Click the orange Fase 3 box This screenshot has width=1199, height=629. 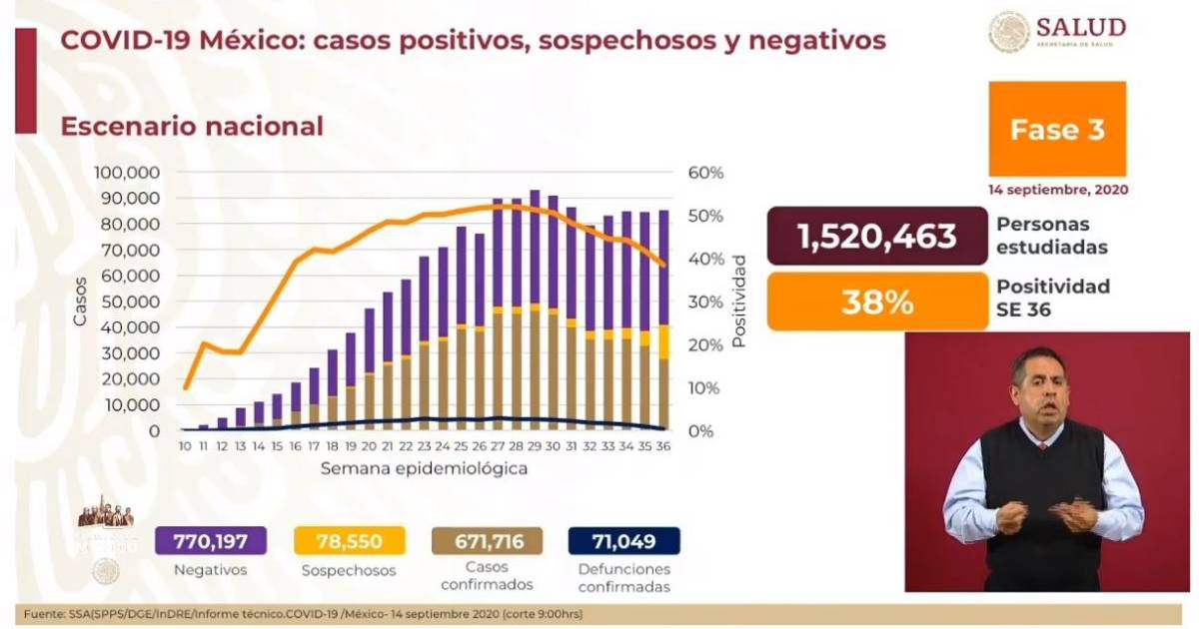tap(1057, 130)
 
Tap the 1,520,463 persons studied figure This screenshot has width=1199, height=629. tap(876, 236)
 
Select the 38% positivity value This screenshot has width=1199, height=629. tap(876, 303)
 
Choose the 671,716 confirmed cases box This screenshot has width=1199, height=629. tap(487, 542)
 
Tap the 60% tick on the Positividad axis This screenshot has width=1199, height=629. tap(706, 172)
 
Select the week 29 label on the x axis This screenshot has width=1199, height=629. tap(536, 447)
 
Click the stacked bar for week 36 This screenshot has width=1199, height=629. tap(663, 319)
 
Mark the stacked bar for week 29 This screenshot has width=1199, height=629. tap(536, 310)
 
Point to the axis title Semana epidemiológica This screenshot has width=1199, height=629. tap(425, 467)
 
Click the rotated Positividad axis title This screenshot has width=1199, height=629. tap(739, 301)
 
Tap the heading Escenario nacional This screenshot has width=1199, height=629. tap(192, 127)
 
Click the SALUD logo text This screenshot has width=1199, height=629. tap(1081, 27)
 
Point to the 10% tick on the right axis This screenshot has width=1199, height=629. tap(706, 387)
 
